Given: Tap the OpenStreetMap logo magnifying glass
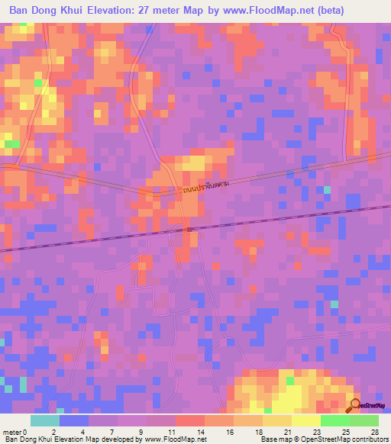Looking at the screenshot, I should pos(354,405).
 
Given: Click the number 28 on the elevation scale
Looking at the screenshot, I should pos(373,431).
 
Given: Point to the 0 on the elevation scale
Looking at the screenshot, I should pos(25,431).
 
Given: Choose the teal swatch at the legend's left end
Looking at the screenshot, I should pos(45,420).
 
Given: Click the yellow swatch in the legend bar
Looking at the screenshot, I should pos(305,420).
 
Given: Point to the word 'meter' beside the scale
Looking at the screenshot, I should pos(11,431).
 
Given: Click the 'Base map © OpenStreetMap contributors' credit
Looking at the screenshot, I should pos(324,439).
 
